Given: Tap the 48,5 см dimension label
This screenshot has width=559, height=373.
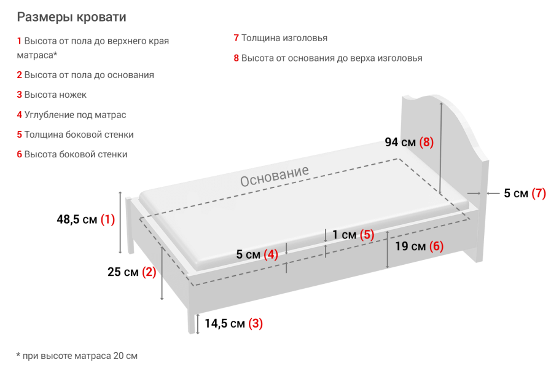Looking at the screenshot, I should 85,219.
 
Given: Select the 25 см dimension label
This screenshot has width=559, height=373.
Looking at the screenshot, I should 131,272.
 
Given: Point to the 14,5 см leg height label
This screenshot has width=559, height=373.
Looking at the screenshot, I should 233,323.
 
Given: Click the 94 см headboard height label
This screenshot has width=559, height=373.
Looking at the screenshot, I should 409,143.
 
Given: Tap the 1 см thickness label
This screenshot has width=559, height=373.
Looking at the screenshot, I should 353,235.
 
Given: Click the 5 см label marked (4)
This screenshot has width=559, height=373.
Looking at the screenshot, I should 257,254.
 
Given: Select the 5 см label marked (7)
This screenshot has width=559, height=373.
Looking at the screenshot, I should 525,194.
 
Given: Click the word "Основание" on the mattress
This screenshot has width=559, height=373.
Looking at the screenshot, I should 275,176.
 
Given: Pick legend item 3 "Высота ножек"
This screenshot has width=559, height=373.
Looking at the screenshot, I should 52,95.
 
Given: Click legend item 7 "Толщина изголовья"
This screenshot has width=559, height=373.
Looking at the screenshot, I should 280,38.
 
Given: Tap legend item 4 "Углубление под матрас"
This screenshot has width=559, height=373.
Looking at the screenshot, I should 71,114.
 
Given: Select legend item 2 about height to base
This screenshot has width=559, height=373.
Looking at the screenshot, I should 85,75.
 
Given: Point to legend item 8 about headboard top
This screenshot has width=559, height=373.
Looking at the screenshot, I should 328,58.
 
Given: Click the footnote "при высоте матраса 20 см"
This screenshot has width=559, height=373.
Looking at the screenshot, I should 77,356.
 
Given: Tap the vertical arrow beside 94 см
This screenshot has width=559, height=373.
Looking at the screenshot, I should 441,147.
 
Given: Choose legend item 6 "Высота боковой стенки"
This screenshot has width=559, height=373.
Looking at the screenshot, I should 72,154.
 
